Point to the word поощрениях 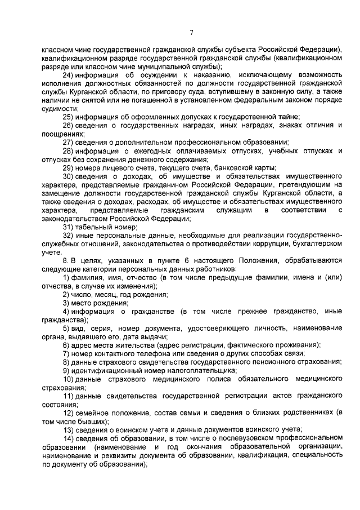tap(62, 134)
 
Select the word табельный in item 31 tap(92, 226)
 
